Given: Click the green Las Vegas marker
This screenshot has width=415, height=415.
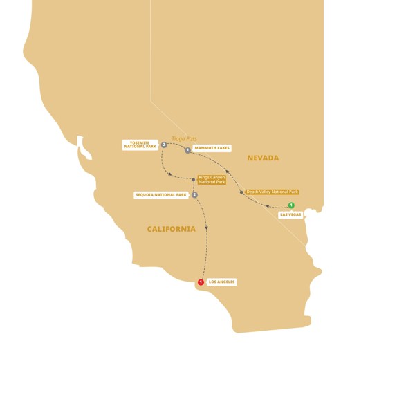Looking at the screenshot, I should (x=291, y=205).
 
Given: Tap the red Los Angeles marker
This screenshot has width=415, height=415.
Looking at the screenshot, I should (x=201, y=282).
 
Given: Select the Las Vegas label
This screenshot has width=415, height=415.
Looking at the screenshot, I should (x=290, y=215).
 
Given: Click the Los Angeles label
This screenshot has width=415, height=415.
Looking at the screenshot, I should (x=221, y=282).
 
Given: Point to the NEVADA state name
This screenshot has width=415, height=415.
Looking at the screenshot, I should (x=263, y=158).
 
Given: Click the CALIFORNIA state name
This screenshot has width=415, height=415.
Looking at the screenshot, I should (x=171, y=229).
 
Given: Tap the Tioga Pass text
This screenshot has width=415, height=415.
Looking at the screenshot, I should (x=185, y=139).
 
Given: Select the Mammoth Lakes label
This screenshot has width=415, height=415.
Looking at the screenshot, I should (x=212, y=148).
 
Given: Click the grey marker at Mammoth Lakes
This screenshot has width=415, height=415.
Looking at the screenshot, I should (x=187, y=150).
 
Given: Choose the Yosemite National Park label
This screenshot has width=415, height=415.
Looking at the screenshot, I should (x=140, y=145).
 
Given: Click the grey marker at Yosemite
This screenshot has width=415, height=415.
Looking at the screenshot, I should (x=164, y=145).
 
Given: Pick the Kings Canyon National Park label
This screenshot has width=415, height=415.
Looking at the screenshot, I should (x=211, y=180).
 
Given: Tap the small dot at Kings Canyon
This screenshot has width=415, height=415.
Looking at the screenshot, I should (x=194, y=180).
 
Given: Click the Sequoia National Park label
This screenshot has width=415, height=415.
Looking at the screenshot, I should (x=161, y=195).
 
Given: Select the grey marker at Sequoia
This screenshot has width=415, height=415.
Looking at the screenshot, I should (x=195, y=195).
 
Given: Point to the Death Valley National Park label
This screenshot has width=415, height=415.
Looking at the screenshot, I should (x=273, y=192).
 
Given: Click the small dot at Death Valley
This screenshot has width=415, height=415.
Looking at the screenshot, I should (x=241, y=192).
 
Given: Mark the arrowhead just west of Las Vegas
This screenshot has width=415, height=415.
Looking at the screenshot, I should (x=267, y=206).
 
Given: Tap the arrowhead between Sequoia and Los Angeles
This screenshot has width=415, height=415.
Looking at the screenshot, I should (x=206, y=228).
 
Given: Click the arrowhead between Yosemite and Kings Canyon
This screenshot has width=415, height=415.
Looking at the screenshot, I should (x=169, y=174).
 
